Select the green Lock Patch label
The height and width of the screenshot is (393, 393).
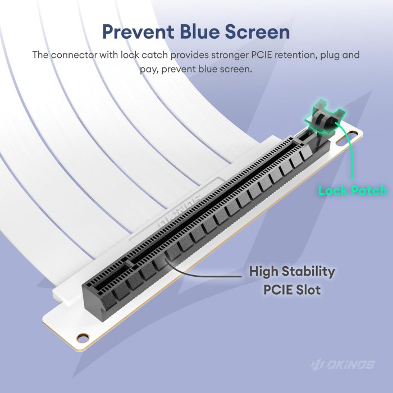353,191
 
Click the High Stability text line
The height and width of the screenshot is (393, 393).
292,272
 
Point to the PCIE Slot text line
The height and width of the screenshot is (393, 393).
292,290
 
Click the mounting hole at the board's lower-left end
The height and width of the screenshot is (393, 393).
83,337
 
